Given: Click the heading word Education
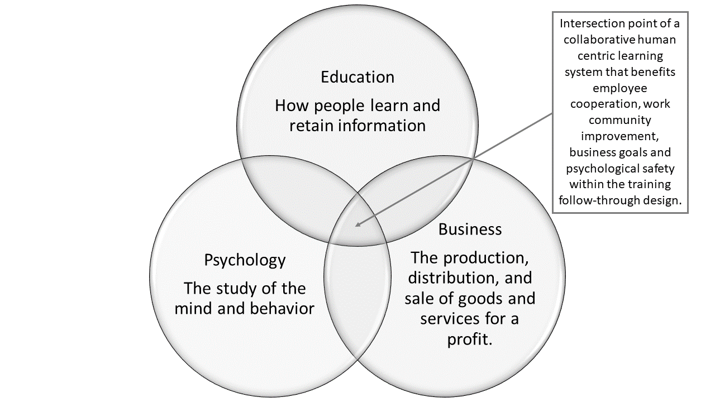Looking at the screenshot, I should click(357, 77).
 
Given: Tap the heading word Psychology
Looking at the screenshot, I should click(245, 260).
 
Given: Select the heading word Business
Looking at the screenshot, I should click(470, 229).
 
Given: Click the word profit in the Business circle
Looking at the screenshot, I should click(470, 339).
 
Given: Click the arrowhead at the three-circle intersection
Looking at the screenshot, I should click(358, 225).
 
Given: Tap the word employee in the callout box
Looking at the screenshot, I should click(619, 88).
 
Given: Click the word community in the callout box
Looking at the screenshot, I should click(619, 120).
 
